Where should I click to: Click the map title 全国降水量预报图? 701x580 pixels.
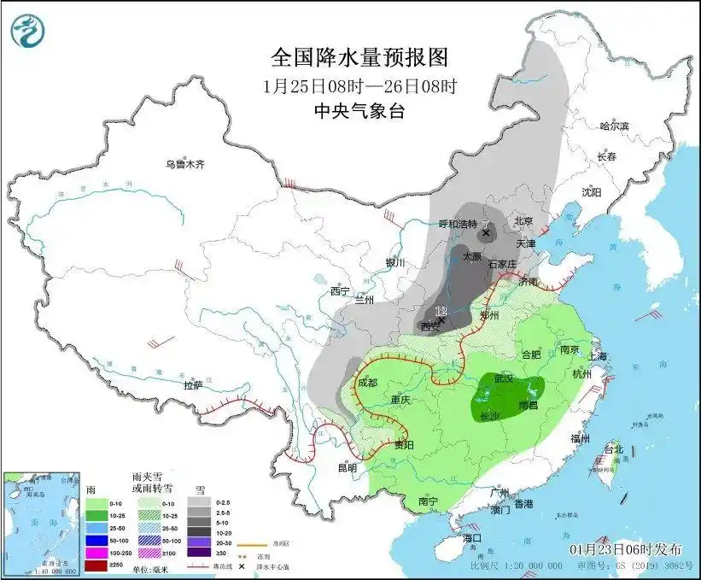(359, 57)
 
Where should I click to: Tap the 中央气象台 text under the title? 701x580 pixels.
(359, 110)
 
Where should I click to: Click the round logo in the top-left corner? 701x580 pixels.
(27, 32)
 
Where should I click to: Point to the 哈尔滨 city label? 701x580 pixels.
(613, 126)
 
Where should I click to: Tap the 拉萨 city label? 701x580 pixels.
(192, 385)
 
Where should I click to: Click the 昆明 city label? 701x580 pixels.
(347, 468)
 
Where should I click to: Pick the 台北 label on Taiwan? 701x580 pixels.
(614, 448)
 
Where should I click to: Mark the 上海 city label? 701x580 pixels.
(595, 356)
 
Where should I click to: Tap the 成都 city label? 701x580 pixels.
(367, 384)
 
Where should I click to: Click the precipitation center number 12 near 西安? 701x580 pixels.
(441, 311)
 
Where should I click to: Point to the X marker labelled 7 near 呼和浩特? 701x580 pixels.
(487, 232)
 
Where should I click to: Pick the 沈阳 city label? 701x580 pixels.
(591, 193)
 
